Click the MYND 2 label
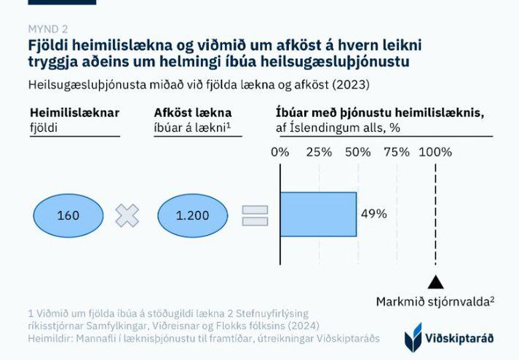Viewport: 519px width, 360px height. click(x=47, y=29)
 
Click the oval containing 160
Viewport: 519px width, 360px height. click(x=68, y=215)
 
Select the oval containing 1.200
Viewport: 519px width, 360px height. click(x=193, y=215)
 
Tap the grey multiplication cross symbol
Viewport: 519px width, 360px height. click(x=127, y=215)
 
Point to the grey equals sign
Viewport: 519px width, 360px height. click(x=255, y=215)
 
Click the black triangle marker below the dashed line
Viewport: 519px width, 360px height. click(x=435, y=282)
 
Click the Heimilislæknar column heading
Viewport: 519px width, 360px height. click(x=74, y=113)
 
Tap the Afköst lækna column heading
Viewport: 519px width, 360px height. click(x=193, y=113)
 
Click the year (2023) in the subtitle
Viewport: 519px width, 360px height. click(x=351, y=84)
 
